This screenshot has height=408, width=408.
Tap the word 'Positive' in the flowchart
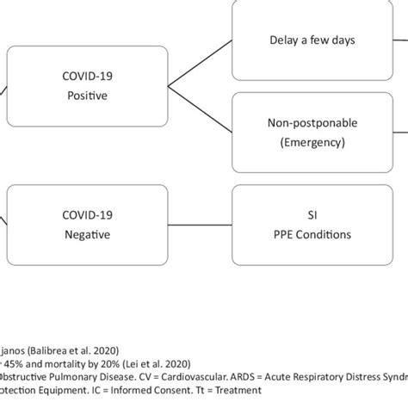click(x=87, y=96)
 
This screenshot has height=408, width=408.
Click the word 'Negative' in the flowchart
click(x=87, y=232)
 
